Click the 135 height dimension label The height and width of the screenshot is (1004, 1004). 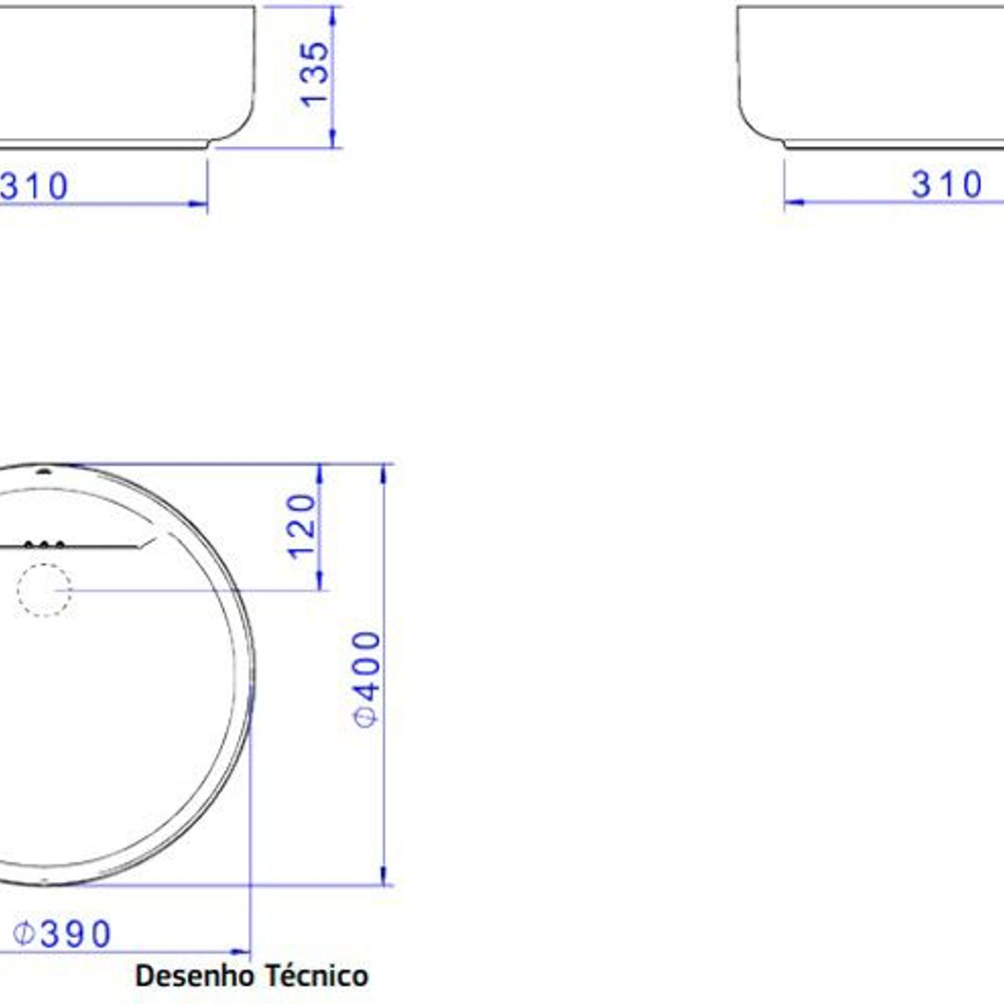coord(315,74)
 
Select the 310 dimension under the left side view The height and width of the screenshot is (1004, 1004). coord(33,186)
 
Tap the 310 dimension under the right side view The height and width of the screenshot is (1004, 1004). coord(946,184)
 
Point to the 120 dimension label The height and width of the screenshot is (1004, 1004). coord(302,527)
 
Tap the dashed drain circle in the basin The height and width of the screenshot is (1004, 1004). coord(44,590)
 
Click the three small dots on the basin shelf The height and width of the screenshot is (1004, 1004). coord(44,545)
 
